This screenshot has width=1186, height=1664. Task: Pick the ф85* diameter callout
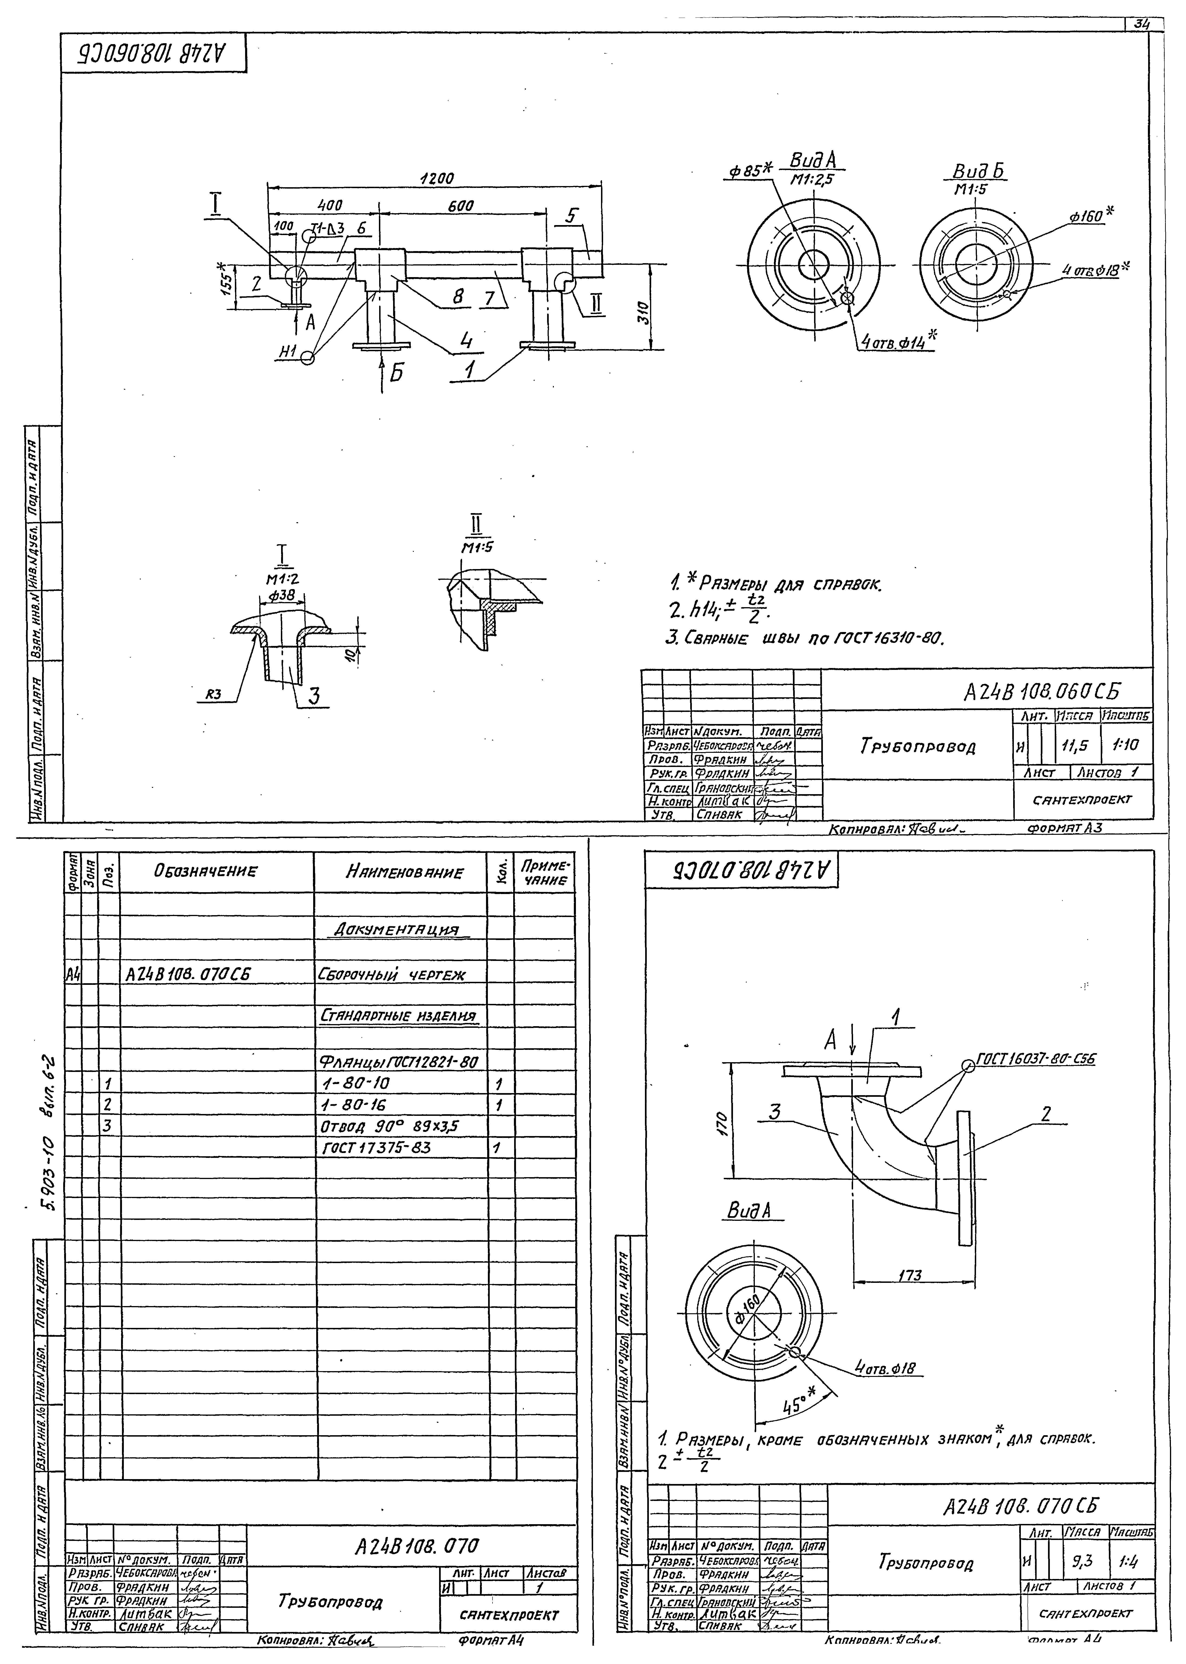pos(749,172)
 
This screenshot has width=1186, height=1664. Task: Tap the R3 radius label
pos(213,695)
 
